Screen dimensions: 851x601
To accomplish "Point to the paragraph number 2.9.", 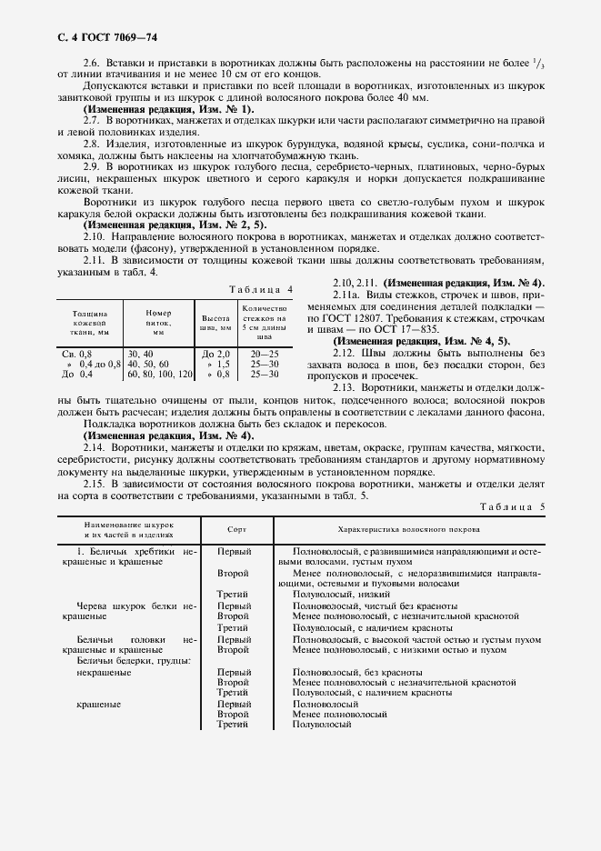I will [x=92, y=166].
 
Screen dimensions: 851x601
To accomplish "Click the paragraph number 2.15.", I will [x=92, y=485].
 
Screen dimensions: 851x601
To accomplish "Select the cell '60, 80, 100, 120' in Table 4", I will [x=160, y=374].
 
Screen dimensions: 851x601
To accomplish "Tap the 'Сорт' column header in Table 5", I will [x=235, y=528].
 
